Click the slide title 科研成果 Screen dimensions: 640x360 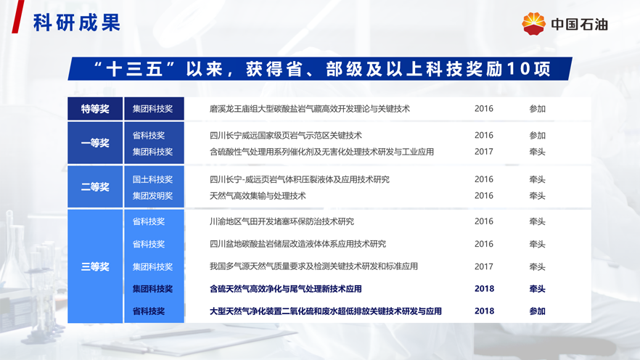[x=77, y=22]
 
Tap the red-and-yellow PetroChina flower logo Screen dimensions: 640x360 [x=533, y=24]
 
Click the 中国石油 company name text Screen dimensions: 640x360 [x=580, y=25]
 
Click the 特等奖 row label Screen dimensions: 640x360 [x=95, y=109]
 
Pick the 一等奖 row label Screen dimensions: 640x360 [x=95, y=143]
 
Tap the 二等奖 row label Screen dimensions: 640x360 [x=95, y=187]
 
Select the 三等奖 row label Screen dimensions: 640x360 [x=95, y=266]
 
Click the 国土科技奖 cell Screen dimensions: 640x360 [x=152, y=179]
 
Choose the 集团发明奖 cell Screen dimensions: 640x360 [x=152, y=196]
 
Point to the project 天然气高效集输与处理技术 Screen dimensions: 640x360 [x=258, y=196]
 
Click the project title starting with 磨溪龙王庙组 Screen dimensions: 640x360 [x=309, y=109]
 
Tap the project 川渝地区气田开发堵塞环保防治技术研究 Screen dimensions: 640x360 [x=282, y=221]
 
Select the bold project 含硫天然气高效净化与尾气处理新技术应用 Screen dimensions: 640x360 [x=285, y=289]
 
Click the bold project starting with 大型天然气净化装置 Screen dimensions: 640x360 [x=325, y=311]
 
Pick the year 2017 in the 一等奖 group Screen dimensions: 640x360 [x=484, y=152]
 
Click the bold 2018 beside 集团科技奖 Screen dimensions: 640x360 [x=484, y=289]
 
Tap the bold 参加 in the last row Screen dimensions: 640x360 [x=537, y=311]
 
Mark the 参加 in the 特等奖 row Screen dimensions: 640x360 [x=537, y=109]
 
